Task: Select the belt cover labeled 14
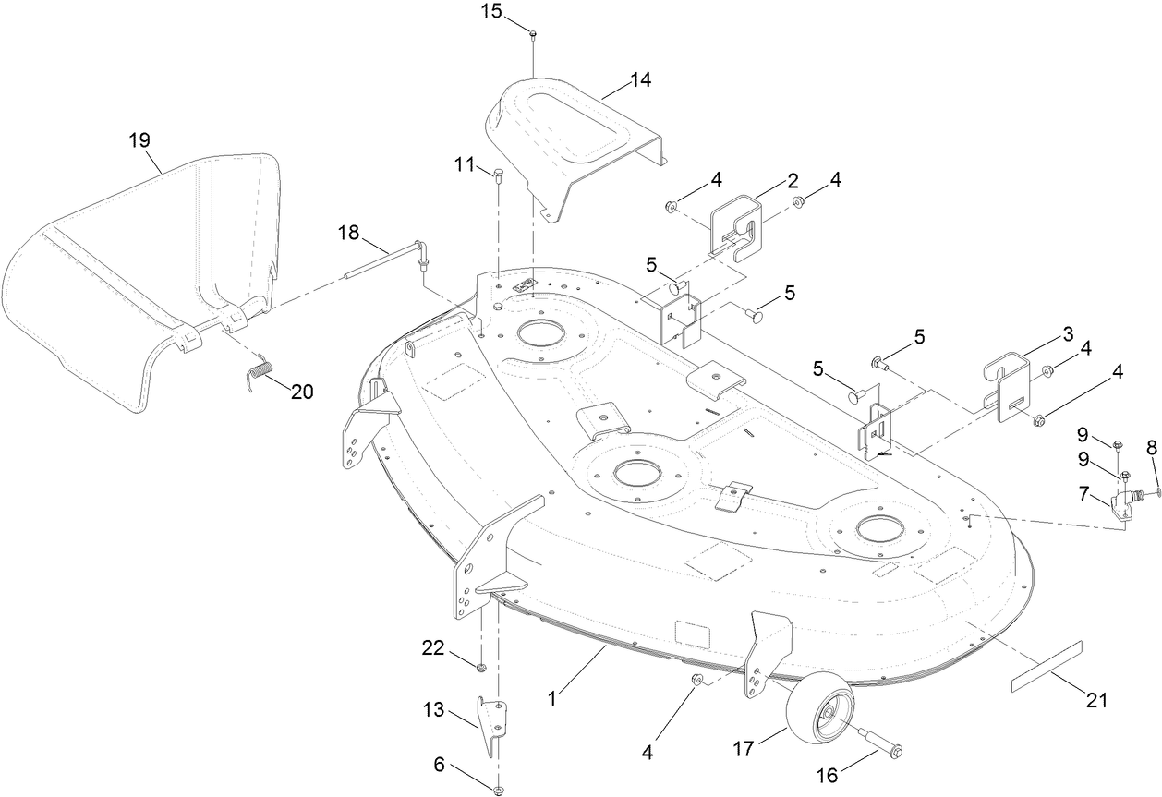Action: click(573, 139)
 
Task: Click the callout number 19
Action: click(139, 139)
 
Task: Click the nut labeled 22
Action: click(481, 667)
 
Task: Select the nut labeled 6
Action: click(498, 789)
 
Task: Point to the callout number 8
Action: click(1151, 448)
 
